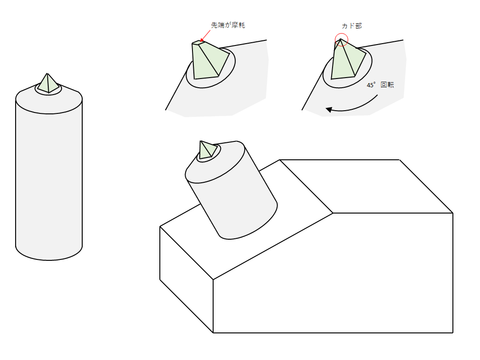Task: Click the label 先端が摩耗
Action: tap(228, 25)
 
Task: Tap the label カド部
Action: tap(352, 26)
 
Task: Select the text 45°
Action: tap(371, 85)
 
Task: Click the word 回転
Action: tap(387, 85)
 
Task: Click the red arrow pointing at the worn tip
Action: tap(205, 35)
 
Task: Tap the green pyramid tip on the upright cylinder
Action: tap(48, 84)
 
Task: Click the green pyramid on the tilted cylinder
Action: tap(208, 150)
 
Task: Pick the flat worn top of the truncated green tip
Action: tap(199, 42)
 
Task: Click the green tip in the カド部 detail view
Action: tap(347, 60)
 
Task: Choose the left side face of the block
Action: tap(186, 279)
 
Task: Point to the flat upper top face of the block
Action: tap(366, 186)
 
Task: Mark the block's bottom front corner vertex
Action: tap(213, 333)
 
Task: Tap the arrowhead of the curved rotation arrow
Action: tap(328, 109)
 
